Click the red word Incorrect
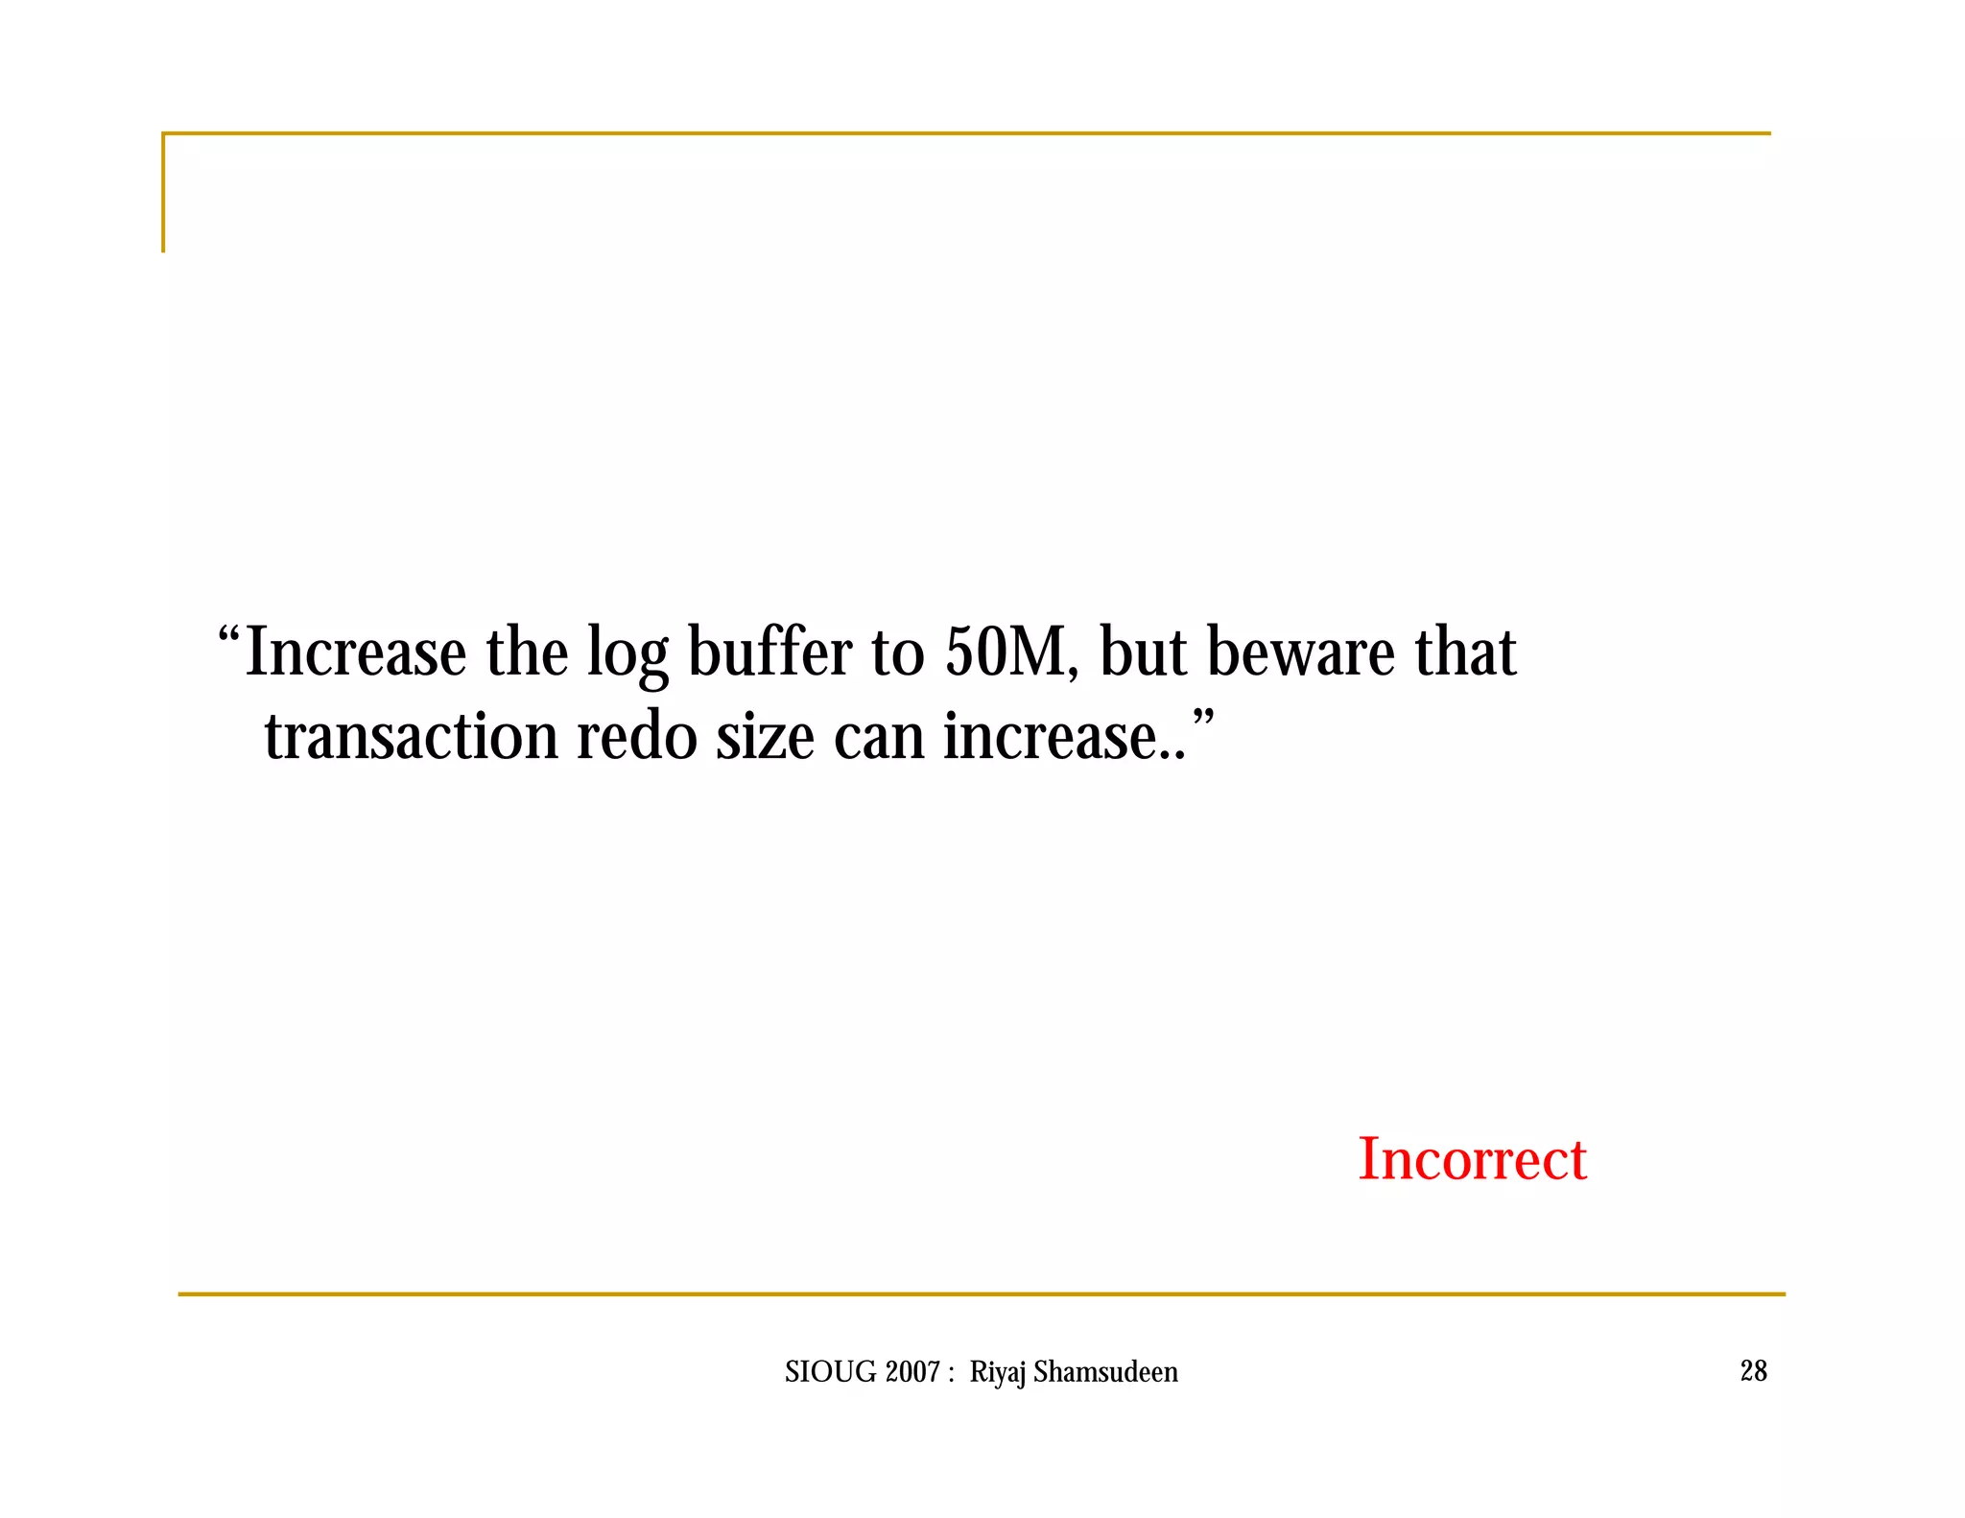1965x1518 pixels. coord(1472,1159)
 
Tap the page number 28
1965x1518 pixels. coord(1753,1371)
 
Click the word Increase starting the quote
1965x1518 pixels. coord(356,652)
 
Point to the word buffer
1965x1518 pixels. coord(769,652)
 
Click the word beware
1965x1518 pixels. coord(1300,652)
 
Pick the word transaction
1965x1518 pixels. coord(412,737)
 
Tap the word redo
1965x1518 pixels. coord(637,737)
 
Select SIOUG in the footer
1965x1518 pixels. coord(830,1372)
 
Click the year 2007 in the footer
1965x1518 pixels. coord(912,1372)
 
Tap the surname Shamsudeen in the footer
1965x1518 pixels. coord(1105,1372)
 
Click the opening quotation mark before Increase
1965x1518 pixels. coord(228,634)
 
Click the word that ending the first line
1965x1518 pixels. coord(1465,652)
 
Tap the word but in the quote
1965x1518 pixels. coord(1143,652)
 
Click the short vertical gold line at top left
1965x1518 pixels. coord(163,193)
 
